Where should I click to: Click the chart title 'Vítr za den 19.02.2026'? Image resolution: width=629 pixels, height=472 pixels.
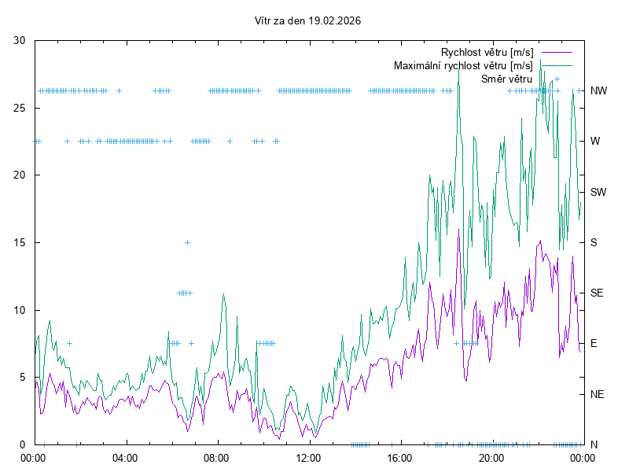coord(308,20)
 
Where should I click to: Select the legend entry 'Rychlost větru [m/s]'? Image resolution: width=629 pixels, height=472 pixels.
coord(487,52)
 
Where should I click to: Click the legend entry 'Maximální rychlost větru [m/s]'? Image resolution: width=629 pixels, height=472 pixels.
coord(463,65)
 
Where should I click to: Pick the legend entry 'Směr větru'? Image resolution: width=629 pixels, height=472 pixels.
coord(506,79)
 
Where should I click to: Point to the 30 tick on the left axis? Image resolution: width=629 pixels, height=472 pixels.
coord(20,41)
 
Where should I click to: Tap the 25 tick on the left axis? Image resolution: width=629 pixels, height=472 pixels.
coord(20,108)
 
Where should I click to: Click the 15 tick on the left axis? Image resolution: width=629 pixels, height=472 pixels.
coord(20,242)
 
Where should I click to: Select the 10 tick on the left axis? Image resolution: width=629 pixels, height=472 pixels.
coord(20,310)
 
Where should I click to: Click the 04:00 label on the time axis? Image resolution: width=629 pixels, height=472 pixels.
coord(124,458)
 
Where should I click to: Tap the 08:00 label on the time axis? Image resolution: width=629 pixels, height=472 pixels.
coord(216,458)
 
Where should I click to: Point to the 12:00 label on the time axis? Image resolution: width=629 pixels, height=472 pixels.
coord(308,458)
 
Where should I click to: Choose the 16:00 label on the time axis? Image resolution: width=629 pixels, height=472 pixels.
coord(400,458)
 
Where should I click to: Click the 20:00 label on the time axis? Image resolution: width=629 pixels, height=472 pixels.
coord(491,458)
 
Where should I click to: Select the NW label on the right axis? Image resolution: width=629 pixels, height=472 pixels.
coord(599,91)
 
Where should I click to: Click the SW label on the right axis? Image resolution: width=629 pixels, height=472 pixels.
coord(599,192)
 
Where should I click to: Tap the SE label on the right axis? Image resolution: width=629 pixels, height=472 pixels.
coord(598,293)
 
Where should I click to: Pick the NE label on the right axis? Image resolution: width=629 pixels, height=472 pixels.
coord(598,394)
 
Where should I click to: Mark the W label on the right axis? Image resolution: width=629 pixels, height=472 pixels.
coord(595,142)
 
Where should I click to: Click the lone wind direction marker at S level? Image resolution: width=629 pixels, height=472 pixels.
coord(187,242)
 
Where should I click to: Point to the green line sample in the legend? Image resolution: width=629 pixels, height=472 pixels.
coord(555,65)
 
